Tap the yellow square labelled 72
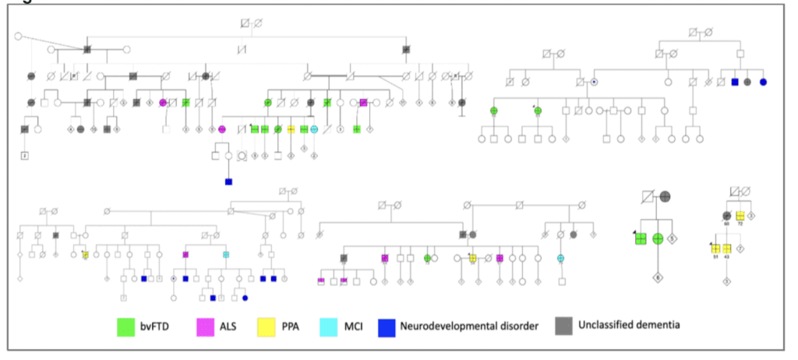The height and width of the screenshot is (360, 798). [740, 216]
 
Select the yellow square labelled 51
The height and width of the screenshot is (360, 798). [715, 248]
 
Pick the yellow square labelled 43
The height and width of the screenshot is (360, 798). [727, 248]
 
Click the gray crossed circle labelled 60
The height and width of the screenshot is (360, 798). [727, 216]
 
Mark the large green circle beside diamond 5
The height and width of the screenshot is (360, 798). [659, 238]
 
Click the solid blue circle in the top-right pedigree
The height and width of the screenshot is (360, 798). [763, 82]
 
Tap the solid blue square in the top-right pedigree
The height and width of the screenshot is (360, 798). [735, 82]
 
